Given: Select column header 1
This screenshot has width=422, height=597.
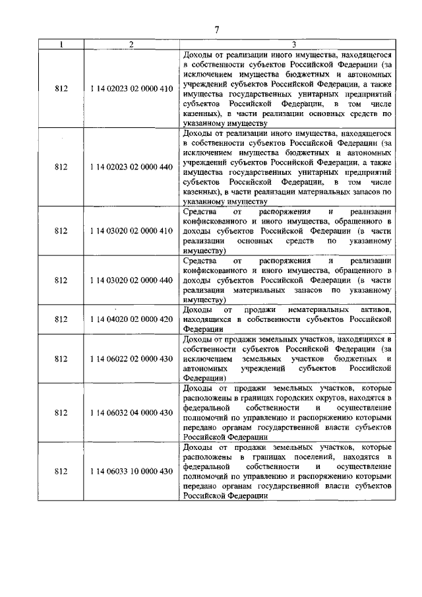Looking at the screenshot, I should click(61, 44).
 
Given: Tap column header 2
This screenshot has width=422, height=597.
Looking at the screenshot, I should click(131, 44).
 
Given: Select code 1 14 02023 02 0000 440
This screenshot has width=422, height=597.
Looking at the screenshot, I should click(132, 167).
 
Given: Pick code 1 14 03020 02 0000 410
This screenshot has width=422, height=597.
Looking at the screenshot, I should click(132, 231).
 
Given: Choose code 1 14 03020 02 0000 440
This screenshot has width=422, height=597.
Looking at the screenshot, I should click(132, 280).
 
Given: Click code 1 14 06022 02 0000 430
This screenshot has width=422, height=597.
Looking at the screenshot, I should click(132, 359).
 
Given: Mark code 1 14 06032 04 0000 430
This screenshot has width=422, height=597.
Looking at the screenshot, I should click(132, 412).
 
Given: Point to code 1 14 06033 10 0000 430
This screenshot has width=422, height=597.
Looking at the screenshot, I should click(132, 471).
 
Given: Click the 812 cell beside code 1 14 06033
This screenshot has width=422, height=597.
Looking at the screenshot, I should click(61, 471).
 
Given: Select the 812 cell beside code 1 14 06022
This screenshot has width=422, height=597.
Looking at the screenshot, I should click(61, 359).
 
